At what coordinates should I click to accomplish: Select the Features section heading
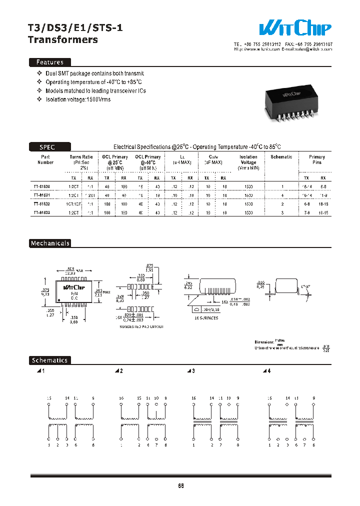49,62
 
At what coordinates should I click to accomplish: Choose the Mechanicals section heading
50,243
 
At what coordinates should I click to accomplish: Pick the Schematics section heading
49,360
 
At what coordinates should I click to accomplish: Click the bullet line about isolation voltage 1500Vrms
78,99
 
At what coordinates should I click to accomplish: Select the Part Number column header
45,159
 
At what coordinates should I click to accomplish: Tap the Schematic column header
281,157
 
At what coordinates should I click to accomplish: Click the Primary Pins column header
317,159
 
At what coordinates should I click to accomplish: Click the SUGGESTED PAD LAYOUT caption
141,326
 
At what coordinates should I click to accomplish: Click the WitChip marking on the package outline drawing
74,287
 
